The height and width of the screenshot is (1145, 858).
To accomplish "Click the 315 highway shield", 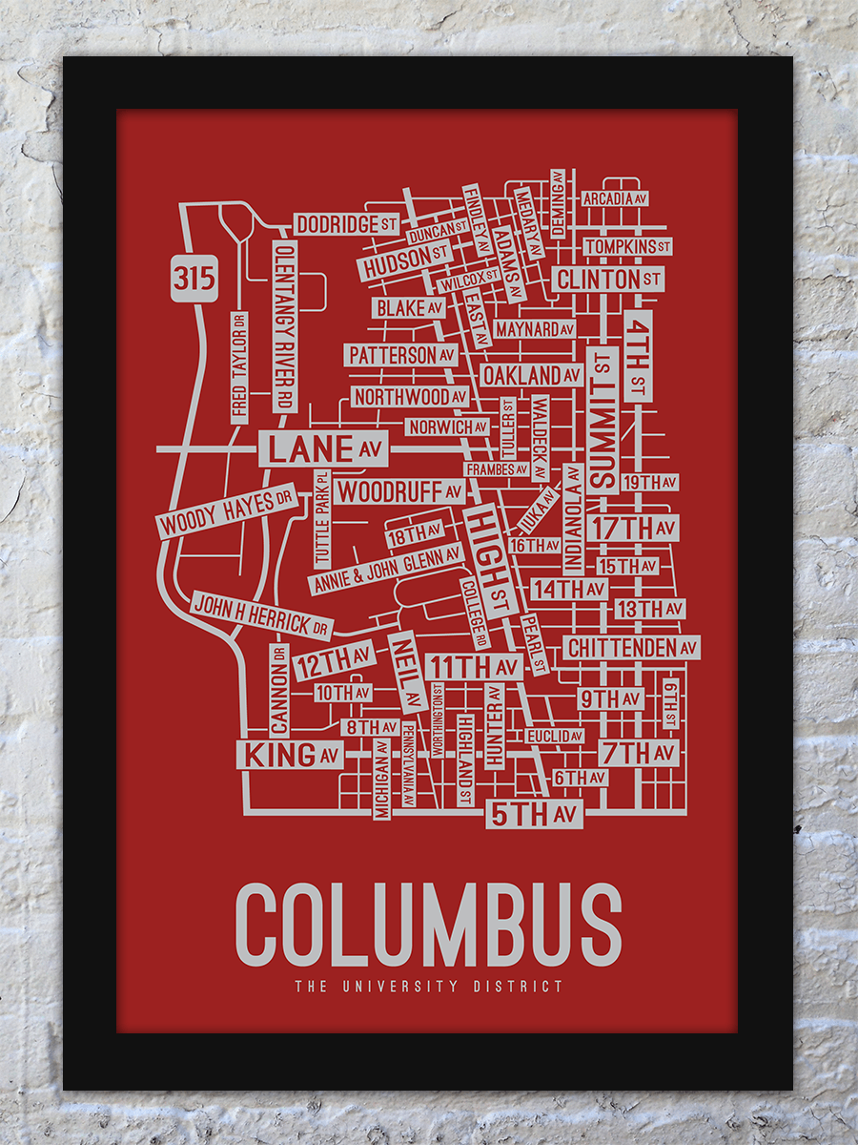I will point(194,278).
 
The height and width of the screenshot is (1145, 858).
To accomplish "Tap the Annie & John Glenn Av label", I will point(385,570).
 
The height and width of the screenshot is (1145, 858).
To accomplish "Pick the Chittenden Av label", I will point(632,648).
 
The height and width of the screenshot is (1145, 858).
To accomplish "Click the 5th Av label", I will point(534,814).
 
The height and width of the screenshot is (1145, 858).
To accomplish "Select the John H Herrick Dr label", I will point(261,614).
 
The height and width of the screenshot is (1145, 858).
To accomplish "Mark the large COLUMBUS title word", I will point(428,925).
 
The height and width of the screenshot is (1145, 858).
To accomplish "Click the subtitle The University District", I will point(428,987).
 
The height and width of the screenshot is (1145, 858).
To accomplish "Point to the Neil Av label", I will point(405,670).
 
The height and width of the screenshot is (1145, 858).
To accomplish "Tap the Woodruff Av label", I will point(400,492).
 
